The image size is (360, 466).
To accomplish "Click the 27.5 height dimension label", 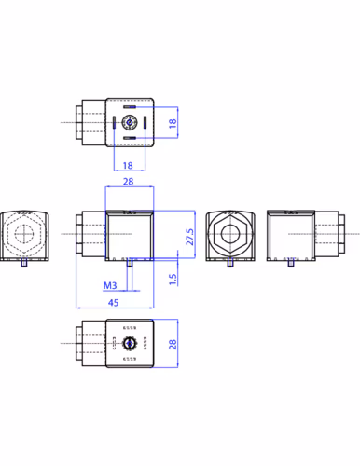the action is (189, 237).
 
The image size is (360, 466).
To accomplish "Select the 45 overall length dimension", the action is (114, 302).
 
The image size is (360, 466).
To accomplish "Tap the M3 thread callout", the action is (110, 285).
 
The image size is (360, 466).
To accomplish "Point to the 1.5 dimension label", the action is (173, 279).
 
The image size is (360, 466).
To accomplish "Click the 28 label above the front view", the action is (128, 182).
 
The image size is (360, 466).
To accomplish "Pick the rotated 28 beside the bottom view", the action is (173, 344).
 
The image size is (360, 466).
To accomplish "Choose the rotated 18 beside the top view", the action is (173, 123).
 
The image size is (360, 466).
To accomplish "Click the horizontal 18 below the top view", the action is (128, 166).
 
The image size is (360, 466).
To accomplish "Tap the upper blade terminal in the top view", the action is (130, 107).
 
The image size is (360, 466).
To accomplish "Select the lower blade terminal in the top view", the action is (130, 138).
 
